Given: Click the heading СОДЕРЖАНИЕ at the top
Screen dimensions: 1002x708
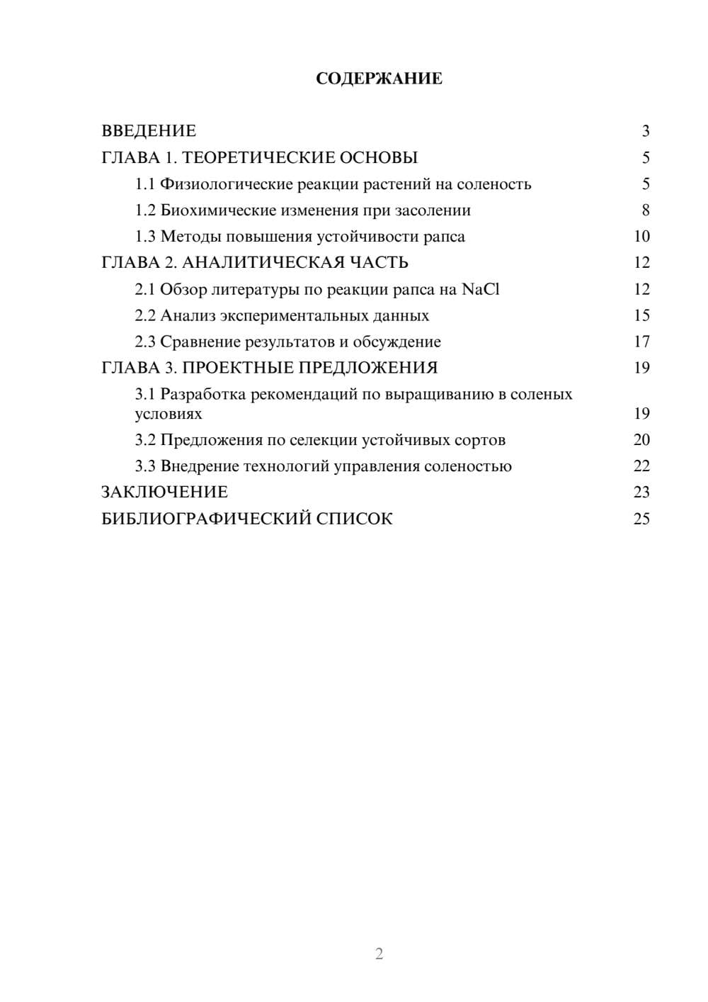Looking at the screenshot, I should point(379,79).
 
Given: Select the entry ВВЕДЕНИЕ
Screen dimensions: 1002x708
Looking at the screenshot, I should point(149,131).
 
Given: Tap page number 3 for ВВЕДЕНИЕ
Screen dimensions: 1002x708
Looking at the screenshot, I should point(645,131).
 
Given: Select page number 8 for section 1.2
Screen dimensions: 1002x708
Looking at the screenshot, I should point(645,210).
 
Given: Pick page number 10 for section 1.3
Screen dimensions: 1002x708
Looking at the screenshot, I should point(641,237).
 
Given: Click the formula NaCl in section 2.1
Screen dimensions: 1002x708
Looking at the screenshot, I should point(481,289).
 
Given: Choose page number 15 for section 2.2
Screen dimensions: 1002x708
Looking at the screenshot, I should point(641,315).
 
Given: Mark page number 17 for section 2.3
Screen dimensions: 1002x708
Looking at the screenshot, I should point(641,342).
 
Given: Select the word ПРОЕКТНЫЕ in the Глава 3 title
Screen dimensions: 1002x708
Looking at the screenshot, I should point(240,368).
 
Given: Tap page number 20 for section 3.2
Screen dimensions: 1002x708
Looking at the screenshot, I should point(641,440).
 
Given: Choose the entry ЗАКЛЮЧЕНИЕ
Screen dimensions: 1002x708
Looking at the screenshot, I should point(164,492).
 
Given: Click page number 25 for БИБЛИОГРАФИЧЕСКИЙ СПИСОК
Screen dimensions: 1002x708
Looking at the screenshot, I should point(641,519).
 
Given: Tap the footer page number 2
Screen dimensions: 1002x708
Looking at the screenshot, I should point(379,954).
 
